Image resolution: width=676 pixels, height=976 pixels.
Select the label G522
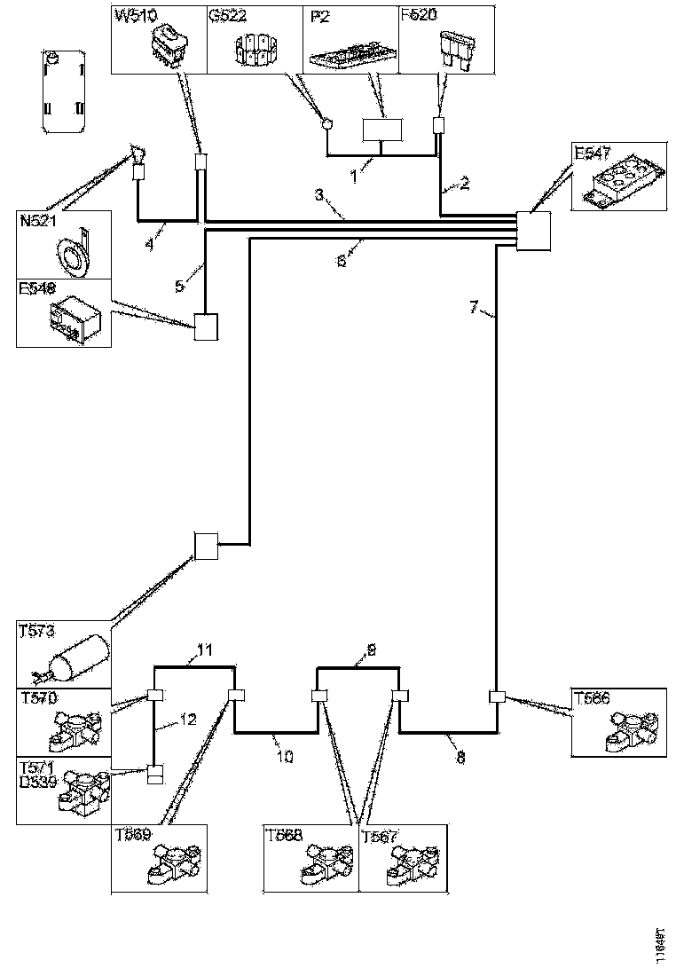(x=228, y=16)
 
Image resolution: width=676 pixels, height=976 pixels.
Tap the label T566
(x=592, y=697)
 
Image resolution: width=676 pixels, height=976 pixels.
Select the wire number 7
(x=474, y=308)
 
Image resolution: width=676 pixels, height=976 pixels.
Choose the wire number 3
(x=317, y=193)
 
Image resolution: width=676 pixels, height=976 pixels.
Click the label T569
(x=132, y=834)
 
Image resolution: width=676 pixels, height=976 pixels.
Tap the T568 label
(x=284, y=834)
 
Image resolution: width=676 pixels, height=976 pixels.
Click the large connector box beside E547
(x=533, y=232)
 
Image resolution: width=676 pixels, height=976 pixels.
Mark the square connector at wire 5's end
(x=206, y=328)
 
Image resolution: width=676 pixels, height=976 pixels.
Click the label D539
(x=36, y=781)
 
